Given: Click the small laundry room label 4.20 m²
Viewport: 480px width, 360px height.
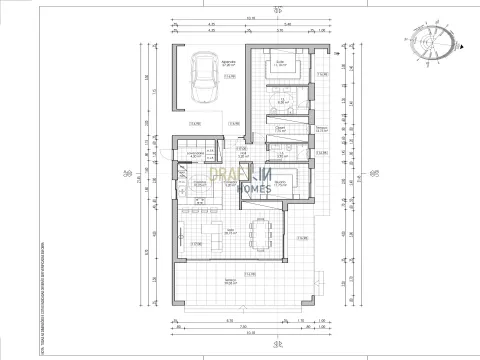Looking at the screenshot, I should click(196, 156).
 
